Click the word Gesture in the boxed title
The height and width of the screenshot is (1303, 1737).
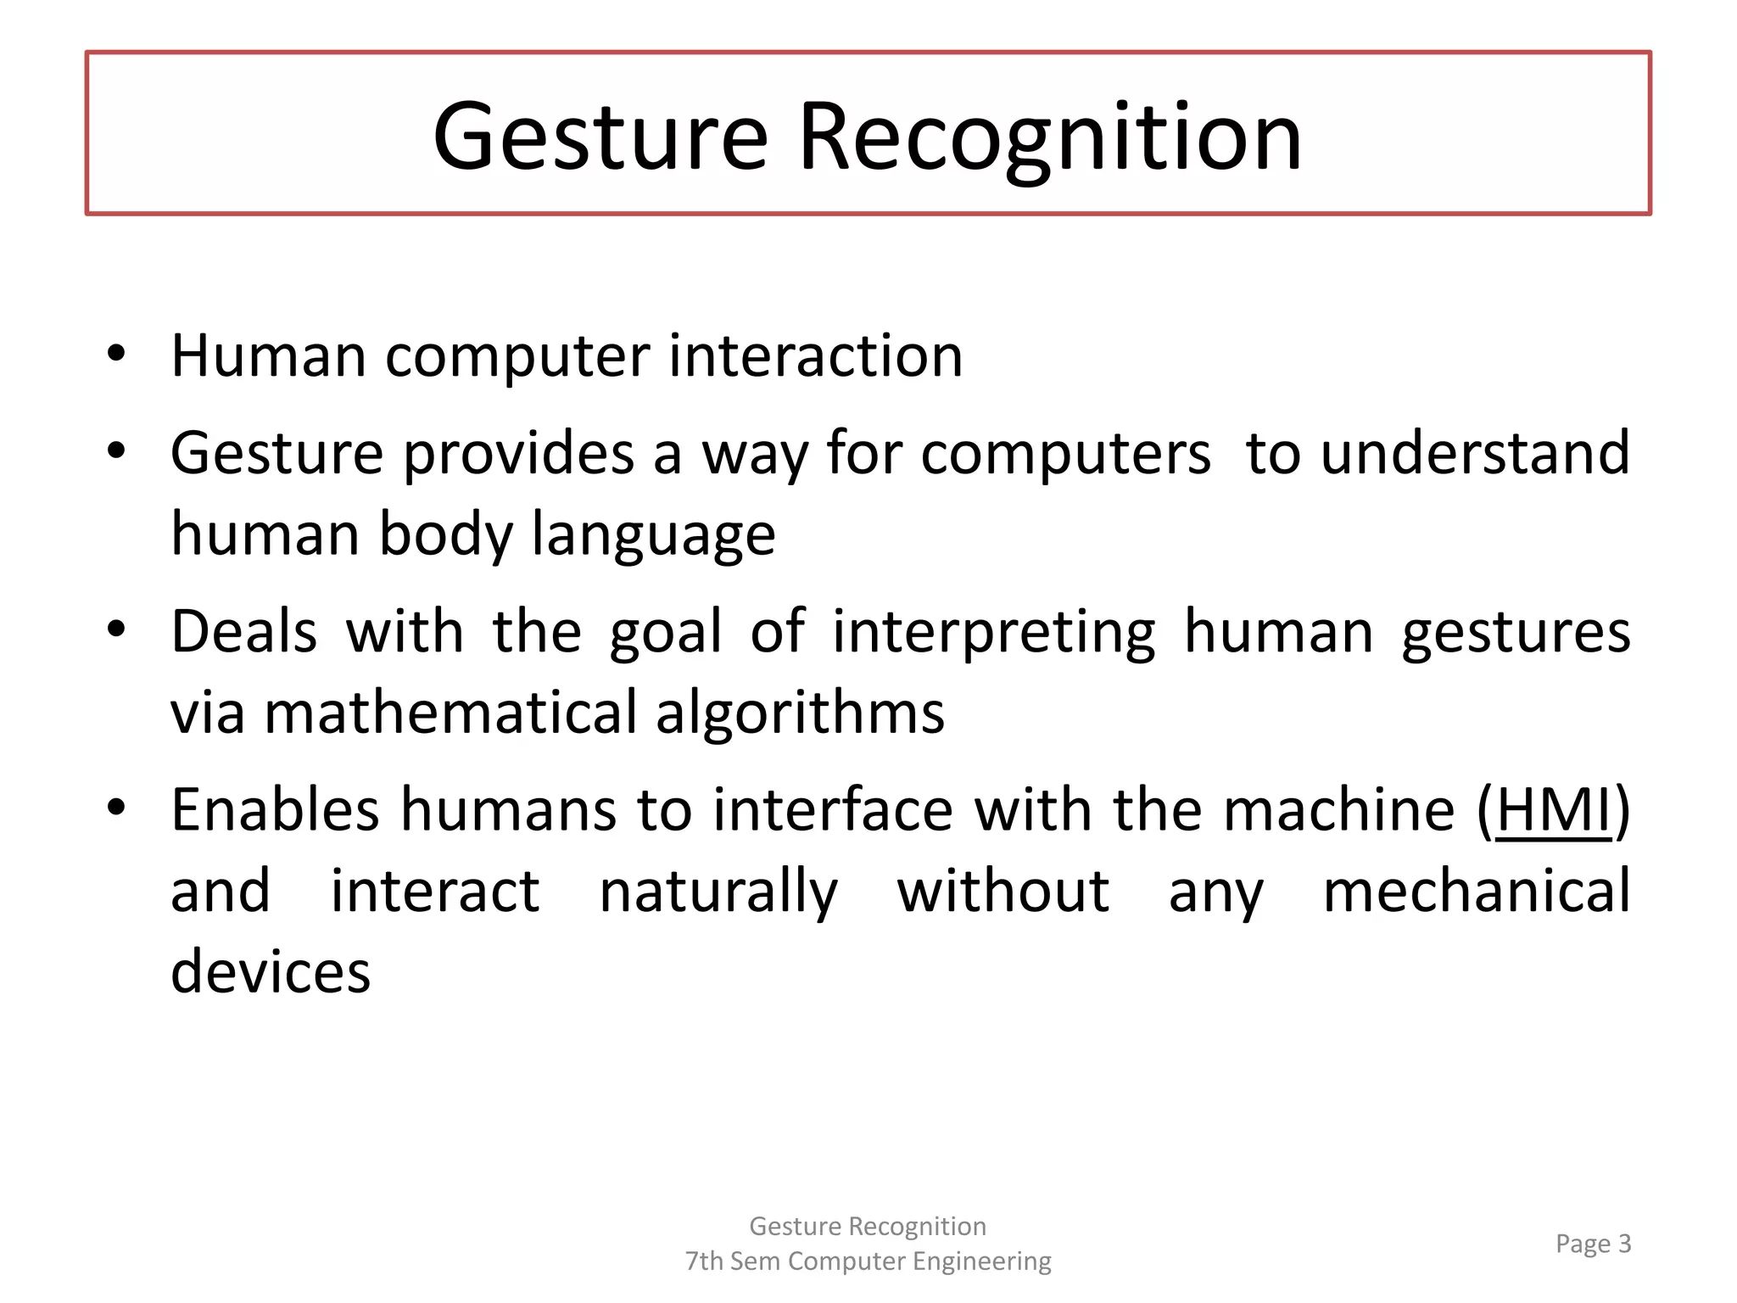(600, 137)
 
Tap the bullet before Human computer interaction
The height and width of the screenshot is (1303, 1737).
(116, 353)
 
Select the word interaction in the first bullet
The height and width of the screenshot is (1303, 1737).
(815, 355)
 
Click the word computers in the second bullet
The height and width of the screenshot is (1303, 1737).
(1065, 453)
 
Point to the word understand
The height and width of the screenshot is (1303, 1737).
(1475, 453)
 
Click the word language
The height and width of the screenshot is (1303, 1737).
(653, 535)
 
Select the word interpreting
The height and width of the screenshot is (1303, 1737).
(993, 633)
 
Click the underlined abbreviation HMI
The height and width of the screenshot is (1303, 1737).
(1553, 810)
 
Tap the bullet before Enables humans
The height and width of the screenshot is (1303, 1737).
(116, 807)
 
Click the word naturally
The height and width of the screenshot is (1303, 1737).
(718, 892)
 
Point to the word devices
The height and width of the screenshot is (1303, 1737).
(271, 971)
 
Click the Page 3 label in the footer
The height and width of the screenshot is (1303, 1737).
(1592, 1244)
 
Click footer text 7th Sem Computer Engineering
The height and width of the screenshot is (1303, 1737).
(868, 1261)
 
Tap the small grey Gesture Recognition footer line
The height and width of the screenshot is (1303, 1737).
(868, 1226)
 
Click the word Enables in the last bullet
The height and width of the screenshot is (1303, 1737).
(275, 810)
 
